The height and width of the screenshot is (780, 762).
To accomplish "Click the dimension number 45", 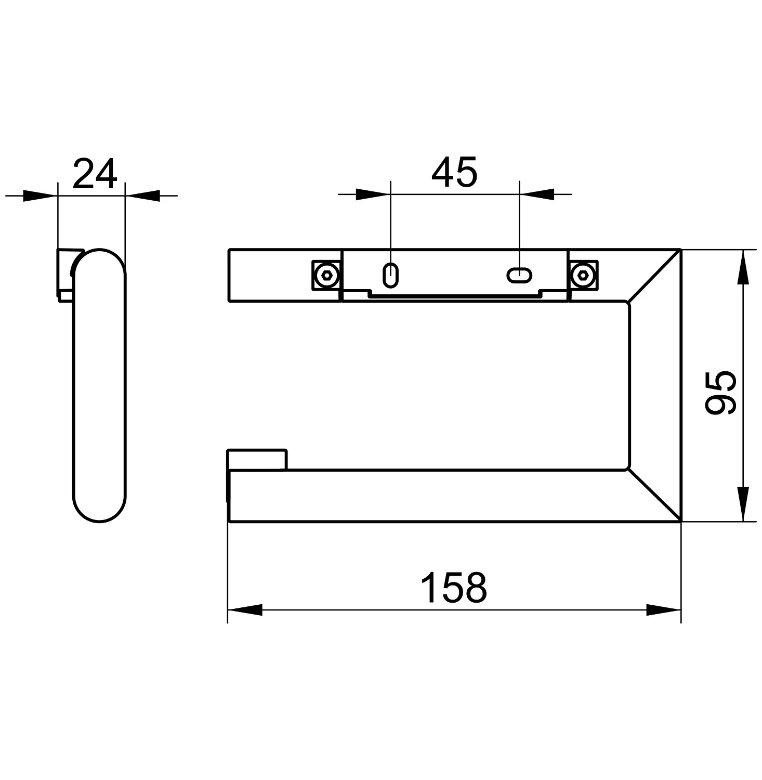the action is click(x=454, y=172).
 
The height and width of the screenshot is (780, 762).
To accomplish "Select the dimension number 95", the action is click(x=720, y=392).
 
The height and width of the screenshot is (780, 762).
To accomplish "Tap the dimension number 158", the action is click(x=454, y=588).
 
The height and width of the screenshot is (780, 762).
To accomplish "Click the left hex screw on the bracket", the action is click(x=327, y=275).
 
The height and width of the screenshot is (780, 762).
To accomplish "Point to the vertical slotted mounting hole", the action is click(x=390, y=275).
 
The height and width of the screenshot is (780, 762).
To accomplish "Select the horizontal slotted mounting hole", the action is click(x=519, y=275).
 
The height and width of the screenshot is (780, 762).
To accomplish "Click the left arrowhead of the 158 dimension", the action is click(x=245, y=610).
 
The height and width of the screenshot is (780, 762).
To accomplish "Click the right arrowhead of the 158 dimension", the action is click(x=664, y=610).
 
